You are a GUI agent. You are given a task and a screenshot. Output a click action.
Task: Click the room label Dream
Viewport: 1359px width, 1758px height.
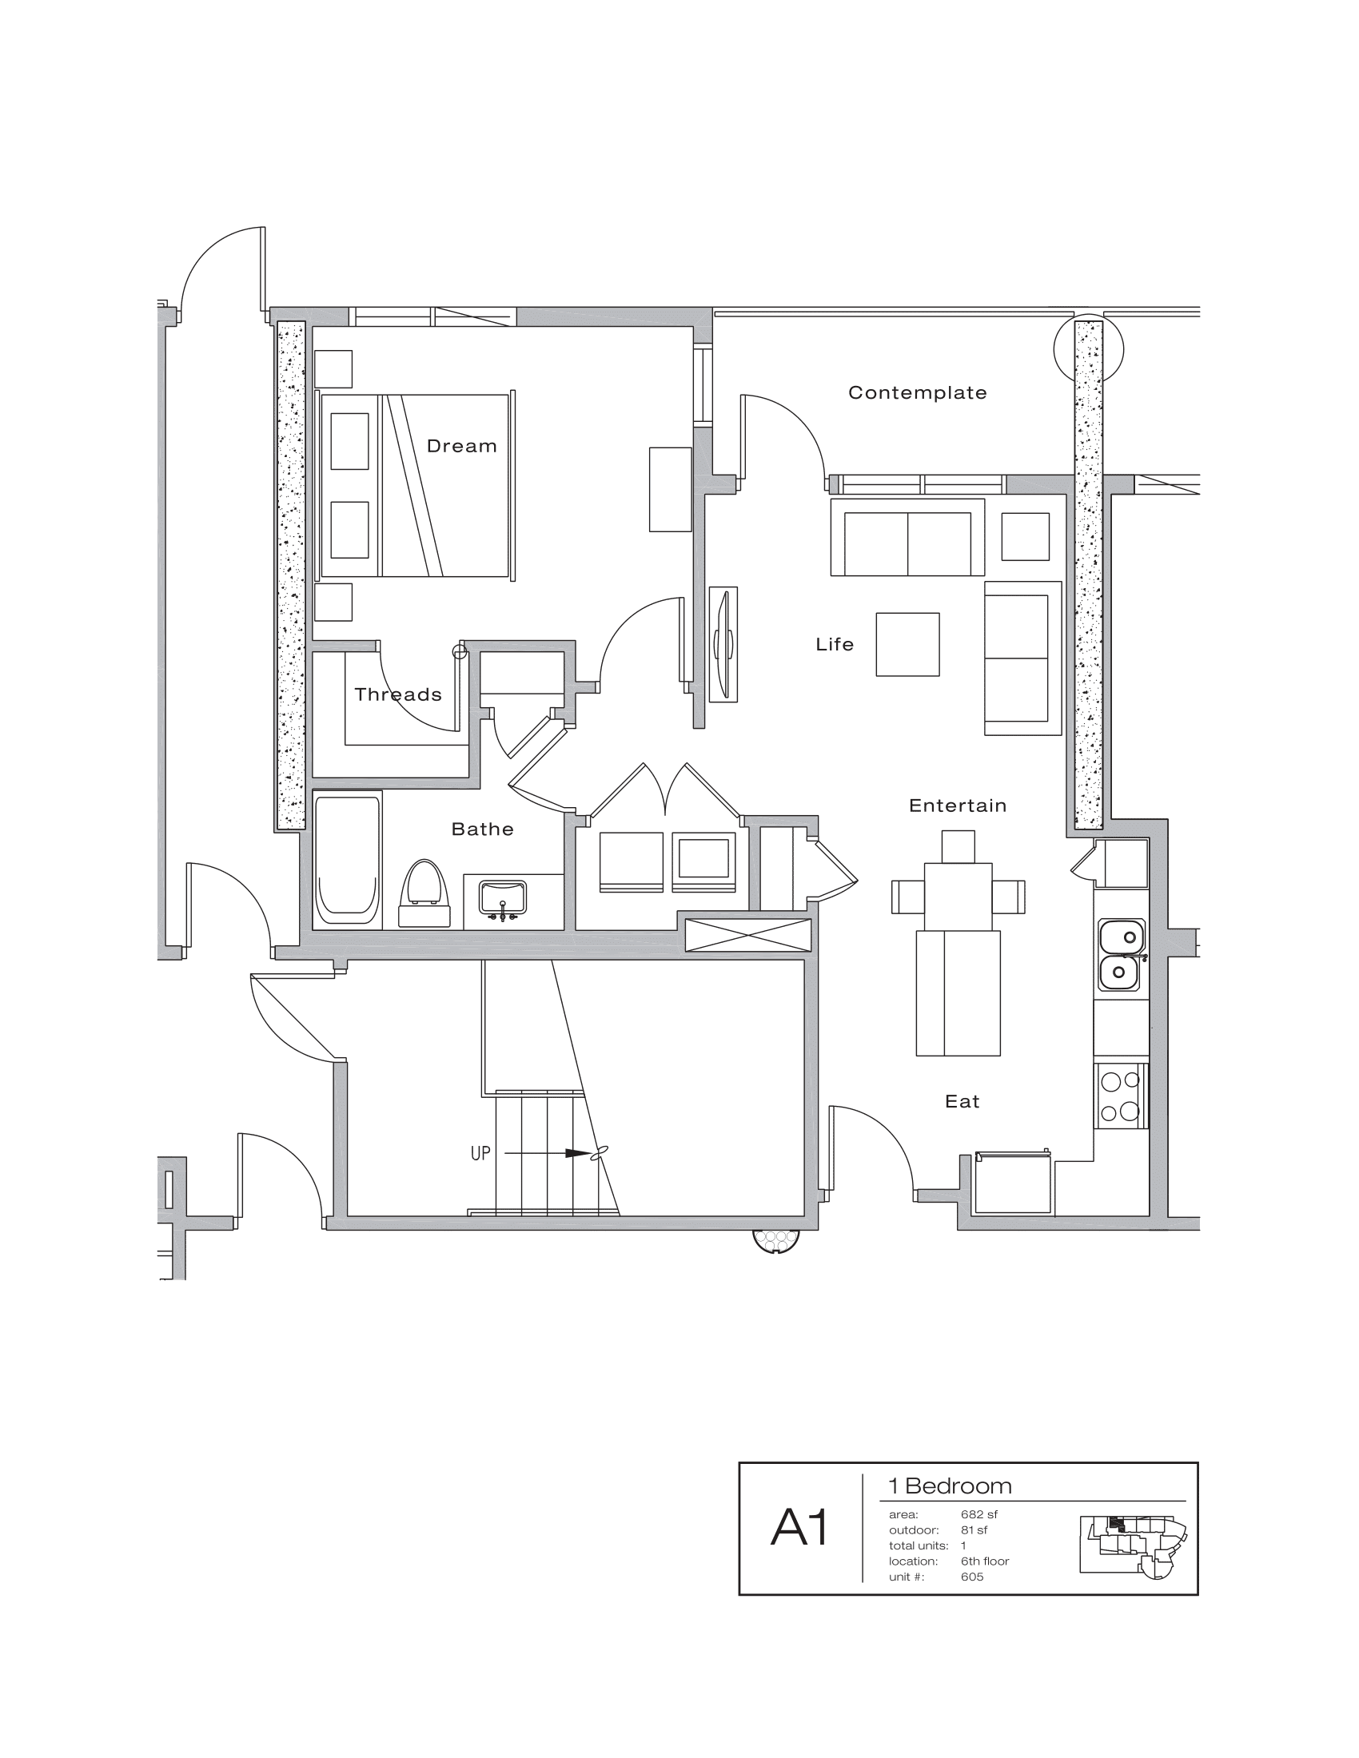coord(461,446)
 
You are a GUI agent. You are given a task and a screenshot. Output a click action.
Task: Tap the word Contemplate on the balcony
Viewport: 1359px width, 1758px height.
coord(917,393)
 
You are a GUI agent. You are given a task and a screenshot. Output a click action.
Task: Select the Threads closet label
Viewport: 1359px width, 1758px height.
coord(398,694)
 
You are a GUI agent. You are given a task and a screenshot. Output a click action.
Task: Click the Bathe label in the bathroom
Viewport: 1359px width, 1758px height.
coord(482,829)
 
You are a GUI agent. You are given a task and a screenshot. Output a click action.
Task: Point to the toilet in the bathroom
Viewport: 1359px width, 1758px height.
coord(424,893)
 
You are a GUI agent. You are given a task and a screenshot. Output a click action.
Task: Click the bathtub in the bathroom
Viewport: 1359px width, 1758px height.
coord(347,860)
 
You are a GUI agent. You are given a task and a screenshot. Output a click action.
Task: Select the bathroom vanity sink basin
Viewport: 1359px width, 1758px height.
coord(502,897)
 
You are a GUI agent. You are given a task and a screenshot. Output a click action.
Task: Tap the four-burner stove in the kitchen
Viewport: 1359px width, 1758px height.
coord(1120,1096)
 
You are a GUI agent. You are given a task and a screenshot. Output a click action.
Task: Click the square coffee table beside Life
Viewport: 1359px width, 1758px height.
coord(907,644)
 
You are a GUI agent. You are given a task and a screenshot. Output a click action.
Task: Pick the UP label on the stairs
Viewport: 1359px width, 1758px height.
coord(480,1153)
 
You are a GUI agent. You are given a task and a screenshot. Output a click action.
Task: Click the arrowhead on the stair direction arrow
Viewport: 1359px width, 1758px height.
coord(577,1153)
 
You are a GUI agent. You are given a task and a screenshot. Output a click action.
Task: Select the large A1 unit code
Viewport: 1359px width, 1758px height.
coord(799,1528)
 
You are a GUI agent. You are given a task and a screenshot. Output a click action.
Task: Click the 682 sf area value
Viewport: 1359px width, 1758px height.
coord(979,1514)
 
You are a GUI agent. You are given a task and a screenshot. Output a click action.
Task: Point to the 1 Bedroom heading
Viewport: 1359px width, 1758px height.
coord(950,1486)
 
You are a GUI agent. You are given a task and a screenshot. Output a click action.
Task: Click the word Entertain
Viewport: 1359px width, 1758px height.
coord(957,805)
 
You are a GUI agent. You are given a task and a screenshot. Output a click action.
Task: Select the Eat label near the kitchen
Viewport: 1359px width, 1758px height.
coord(962,1102)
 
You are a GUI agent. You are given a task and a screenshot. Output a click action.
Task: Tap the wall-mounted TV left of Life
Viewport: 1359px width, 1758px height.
coord(723,644)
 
